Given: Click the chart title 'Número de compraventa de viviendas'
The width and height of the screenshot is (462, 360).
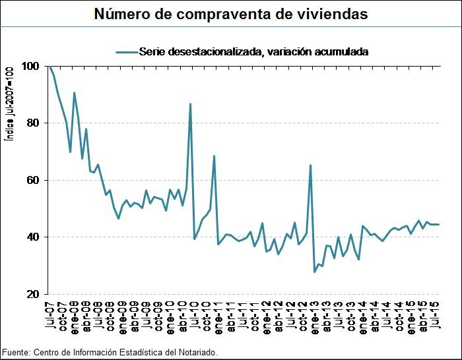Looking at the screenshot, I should [x=231, y=13].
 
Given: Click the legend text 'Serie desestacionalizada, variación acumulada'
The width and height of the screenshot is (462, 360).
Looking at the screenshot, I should [x=253, y=51].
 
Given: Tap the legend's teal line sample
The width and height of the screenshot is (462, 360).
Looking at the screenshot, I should [x=126, y=51].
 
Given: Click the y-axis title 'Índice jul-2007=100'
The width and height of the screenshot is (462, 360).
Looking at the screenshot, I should [x=9, y=105].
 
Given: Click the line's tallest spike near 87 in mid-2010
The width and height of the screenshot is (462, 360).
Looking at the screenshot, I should [x=191, y=104].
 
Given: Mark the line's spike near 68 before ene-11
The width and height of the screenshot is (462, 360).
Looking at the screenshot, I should [x=214, y=156].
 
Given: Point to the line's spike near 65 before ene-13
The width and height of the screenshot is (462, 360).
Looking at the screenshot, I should [x=311, y=165].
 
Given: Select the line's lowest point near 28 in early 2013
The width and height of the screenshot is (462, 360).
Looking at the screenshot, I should [x=315, y=272].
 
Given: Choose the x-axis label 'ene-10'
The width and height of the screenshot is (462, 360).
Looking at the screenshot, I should [x=169, y=315].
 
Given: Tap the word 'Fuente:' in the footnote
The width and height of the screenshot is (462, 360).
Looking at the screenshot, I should [x=16, y=353].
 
